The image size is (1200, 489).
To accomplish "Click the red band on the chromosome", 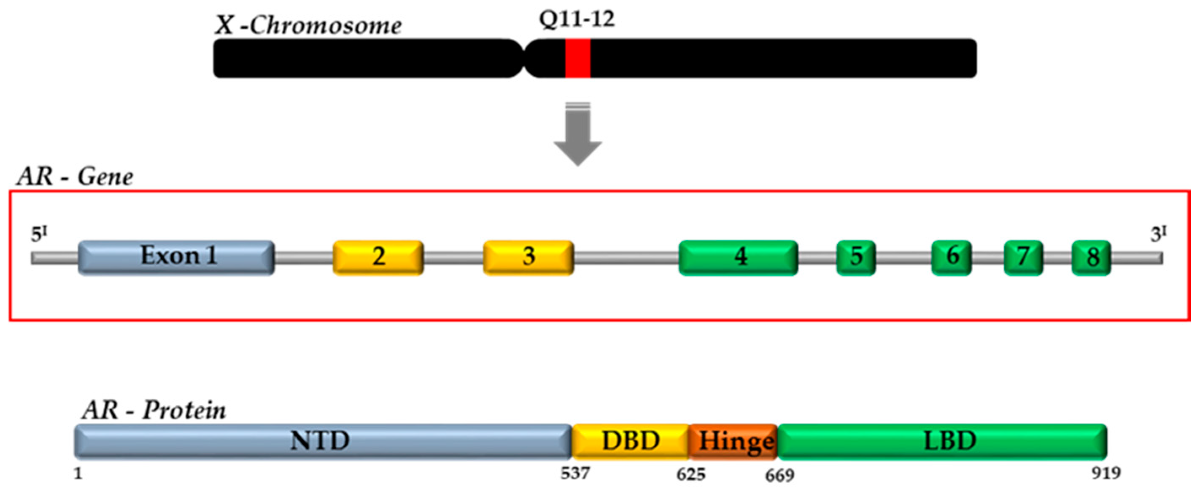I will (577, 58).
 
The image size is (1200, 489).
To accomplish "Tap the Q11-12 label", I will (577, 19).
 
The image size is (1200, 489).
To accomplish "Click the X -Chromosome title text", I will (307, 26).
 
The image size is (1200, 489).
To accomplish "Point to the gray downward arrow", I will (577, 135).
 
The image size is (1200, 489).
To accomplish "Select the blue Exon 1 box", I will (176, 257).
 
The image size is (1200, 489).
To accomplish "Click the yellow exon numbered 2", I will (378, 257).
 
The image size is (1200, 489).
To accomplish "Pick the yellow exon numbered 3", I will (528, 257).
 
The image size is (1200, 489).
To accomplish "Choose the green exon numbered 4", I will (739, 257).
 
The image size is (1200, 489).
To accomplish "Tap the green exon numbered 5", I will (856, 257).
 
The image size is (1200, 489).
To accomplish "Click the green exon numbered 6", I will (951, 257).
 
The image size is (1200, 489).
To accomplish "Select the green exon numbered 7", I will (1023, 257).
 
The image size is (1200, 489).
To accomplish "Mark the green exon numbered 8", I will (1091, 257).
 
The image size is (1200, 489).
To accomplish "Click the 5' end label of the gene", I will (39, 234).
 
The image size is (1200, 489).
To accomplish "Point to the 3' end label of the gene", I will (1158, 234).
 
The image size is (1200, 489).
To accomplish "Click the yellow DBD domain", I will (630, 441).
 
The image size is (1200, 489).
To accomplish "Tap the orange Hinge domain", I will (733, 441).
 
